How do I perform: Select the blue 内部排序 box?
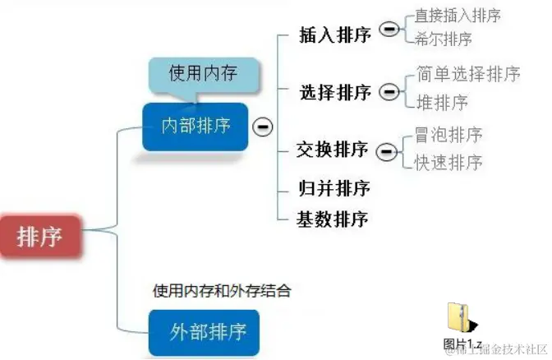(195, 126)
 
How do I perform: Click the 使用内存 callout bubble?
(203, 74)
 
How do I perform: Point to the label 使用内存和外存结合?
(222, 290)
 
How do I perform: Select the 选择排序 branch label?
(334, 91)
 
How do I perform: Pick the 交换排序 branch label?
(332, 150)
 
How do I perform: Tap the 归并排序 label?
(333, 187)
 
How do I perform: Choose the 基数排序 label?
(333, 219)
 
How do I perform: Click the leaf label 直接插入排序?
(458, 15)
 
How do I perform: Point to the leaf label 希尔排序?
(444, 39)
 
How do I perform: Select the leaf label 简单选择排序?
(468, 74)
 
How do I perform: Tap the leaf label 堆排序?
(442, 102)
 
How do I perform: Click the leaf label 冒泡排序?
(448, 134)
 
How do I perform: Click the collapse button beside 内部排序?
(263, 127)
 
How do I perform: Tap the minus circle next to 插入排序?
(390, 30)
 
